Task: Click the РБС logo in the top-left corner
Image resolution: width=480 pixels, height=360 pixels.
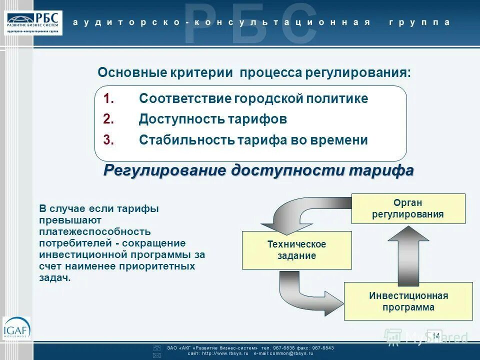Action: [x=34, y=22]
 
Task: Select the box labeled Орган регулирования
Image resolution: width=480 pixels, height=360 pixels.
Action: [x=408, y=208]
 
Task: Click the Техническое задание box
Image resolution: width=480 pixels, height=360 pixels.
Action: [x=296, y=250]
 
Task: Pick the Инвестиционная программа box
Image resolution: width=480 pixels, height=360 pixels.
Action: [x=408, y=301]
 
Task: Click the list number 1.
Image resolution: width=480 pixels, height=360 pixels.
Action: [x=109, y=98]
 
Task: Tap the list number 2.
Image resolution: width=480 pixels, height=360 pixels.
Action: [x=109, y=119]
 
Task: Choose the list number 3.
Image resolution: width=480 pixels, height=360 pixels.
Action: [x=109, y=140]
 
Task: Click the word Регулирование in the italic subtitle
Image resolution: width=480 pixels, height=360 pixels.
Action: [x=165, y=170]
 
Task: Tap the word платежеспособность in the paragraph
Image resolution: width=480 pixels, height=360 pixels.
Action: [x=94, y=232]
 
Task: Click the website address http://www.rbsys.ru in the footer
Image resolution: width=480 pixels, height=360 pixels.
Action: [x=220, y=353]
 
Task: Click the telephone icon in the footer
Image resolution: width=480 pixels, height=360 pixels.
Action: [x=156, y=347]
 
